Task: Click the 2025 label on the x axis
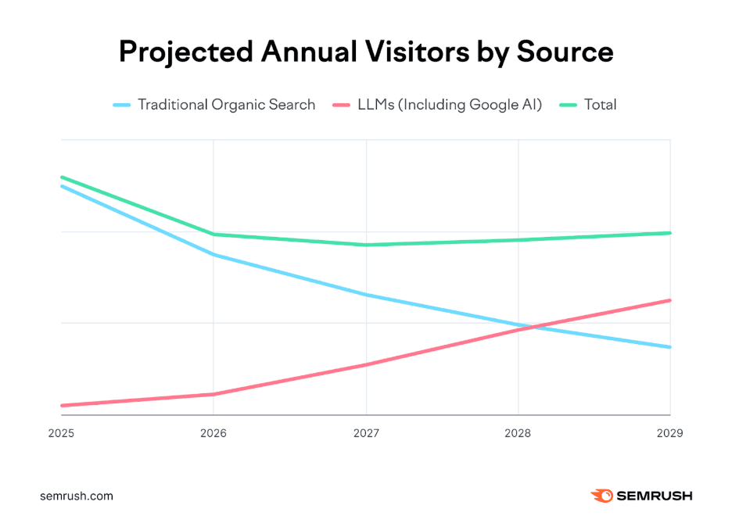[x=61, y=433]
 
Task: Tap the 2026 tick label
[x=213, y=433]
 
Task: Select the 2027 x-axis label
[x=366, y=433]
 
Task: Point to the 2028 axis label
[x=518, y=433]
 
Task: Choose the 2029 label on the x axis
[x=669, y=433]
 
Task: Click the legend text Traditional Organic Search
[x=226, y=104]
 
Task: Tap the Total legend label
[x=600, y=104]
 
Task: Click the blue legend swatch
[x=121, y=104]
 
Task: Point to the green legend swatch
[x=568, y=104]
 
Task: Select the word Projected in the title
[x=185, y=52]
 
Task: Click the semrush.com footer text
[x=77, y=496]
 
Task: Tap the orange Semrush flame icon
[x=602, y=496]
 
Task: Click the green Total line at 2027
[x=366, y=245]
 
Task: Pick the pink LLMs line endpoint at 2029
[x=669, y=300]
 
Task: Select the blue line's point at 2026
[x=213, y=255]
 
